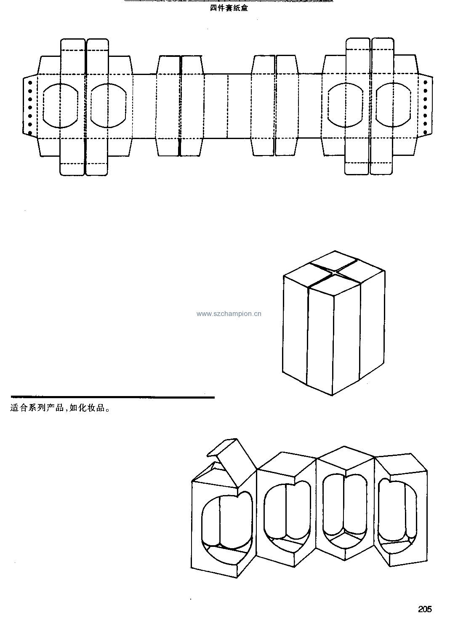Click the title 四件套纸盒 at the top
(229, 8)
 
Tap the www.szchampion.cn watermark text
(229, 314)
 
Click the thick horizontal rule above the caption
(112, 397)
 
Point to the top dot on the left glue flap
(30, 83)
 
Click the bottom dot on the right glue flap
(425, 132)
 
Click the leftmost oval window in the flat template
(60, 105)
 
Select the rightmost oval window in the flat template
(393, 105)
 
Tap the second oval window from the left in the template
(108, 105)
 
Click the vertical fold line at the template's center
(228, 106)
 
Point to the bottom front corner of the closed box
(332, 395)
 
